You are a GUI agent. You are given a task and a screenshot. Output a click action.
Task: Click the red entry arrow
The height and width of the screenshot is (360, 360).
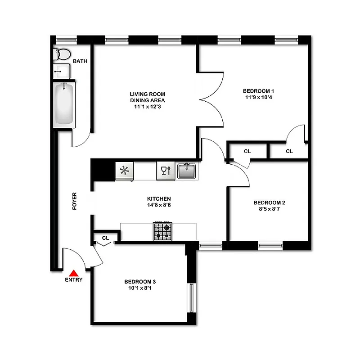[73, 272]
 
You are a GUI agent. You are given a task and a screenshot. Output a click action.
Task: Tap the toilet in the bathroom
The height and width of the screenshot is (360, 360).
[62, 54]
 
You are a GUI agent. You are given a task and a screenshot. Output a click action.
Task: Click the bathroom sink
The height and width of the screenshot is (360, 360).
[61, 71]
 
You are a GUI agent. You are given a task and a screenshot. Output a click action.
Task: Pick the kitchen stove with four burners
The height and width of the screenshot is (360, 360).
[163, 231]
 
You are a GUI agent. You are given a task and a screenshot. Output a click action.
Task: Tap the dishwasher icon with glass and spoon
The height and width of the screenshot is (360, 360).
[166, 171]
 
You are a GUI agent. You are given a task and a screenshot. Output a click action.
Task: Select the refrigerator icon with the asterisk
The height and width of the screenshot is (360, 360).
[124, 171]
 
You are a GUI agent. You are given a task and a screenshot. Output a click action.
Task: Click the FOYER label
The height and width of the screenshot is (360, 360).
[75, 202]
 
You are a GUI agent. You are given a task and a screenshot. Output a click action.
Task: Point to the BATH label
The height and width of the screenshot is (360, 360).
[80, 62]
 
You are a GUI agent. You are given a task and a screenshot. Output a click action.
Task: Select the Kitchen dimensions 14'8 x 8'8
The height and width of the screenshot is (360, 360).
[159, 205]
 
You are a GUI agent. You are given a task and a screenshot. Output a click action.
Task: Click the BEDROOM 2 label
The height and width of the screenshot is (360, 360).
[269, 202]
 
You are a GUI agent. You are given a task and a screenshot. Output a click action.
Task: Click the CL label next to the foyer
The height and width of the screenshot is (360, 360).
[105, 238]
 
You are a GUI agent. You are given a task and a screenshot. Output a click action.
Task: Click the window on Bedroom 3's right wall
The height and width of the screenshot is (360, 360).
[191, 297]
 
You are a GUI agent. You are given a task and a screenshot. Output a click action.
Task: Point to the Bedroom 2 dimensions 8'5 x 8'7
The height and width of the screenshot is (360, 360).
[269, 209]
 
